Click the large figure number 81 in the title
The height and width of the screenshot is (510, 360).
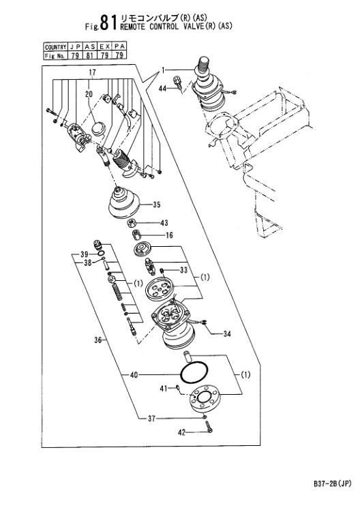pyautogui.click(x=108, y=22)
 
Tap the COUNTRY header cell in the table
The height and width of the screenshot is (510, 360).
pyautogui.click(x=56, y=47)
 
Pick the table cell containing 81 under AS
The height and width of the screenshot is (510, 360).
pyautogui.click(x=89, y=55)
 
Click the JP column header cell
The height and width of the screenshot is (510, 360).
pyautogui.click(x=75, y=47)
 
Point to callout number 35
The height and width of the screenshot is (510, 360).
pyautogui.click(x=156, y=205)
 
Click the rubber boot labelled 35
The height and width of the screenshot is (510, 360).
pyautogui.click(x=124, y=202)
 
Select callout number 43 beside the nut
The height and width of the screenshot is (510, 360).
pyautogui.click(x=164, y=223)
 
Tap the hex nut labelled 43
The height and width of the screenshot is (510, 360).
pyautogui.click(x=132, y=224)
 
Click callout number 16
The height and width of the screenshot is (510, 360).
pyautogui.click(x=169, y=235)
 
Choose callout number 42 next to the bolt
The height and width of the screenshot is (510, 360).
pyautogui.click(x=181, y=432)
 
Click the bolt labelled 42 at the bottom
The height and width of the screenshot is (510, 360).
pyautogui.click(x=209, y=427)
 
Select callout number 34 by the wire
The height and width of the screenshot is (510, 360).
pyautogui.click(x=227, y=333)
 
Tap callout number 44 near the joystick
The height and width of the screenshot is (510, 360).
pyautogui.click(x=163, y=88)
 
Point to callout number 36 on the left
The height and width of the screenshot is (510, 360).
pyautogui.click(x=98, y=340)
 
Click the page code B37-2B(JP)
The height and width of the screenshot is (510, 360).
pyautogui.click(x=332, y=484)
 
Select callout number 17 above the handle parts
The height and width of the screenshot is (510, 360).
pyautogui.click(x=93, y=72)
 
